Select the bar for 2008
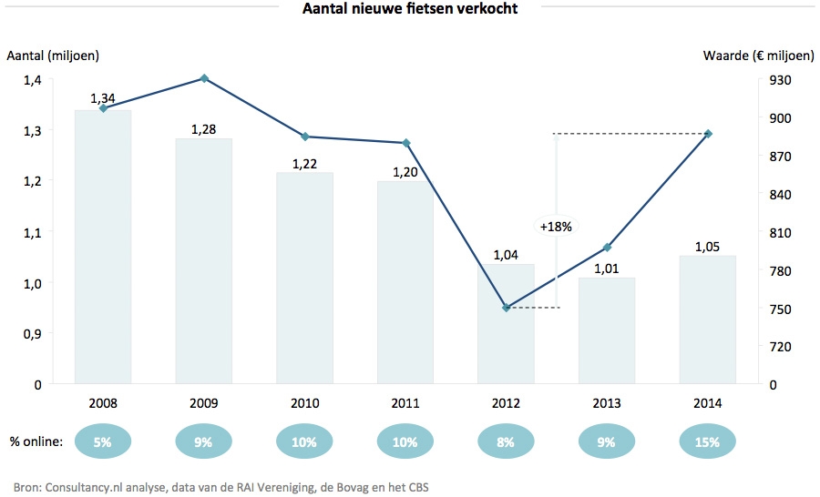click(x=103, y=246)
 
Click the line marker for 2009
click(x=204, y=78)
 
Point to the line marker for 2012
click(x=507, y=308)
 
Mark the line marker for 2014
click(x=709, y=134)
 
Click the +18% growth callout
click(x=555, y=227)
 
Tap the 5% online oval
click(x=103, y=442)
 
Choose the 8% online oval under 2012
click(x=507, y=442)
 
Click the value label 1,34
click(x=103, y=98)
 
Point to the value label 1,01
click(x=608, y=268)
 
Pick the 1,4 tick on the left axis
click(x=33, y=80)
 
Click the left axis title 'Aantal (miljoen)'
click(x=53, y=56)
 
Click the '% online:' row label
click(x=36, y=442)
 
